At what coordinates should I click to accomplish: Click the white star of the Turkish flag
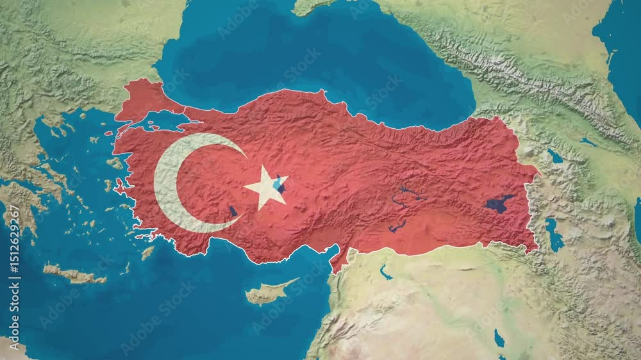pyautogui.click(x=265, y=187)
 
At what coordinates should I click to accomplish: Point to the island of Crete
pyautogui.click(x=74, y=275)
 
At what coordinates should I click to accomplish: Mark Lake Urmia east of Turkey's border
pyautogui.click(x=553, y=233)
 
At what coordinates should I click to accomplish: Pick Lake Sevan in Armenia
pyautogui.click(x=554, y=156)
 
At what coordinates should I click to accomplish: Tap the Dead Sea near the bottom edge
pyautogui.click(x=499, y=338)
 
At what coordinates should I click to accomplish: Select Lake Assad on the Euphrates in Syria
pyautogui.click(x=385, y=272)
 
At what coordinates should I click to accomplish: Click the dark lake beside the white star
pyautogui.click(x=279, y=185)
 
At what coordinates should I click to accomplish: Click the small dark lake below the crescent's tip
pyautogui.click(x=233, y=211)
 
